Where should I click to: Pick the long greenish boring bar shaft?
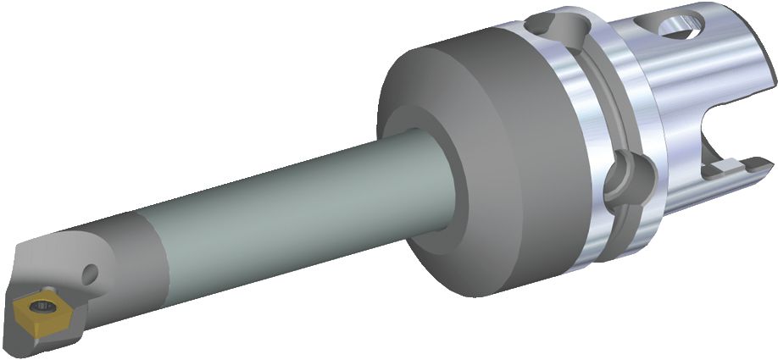(280, 212)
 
